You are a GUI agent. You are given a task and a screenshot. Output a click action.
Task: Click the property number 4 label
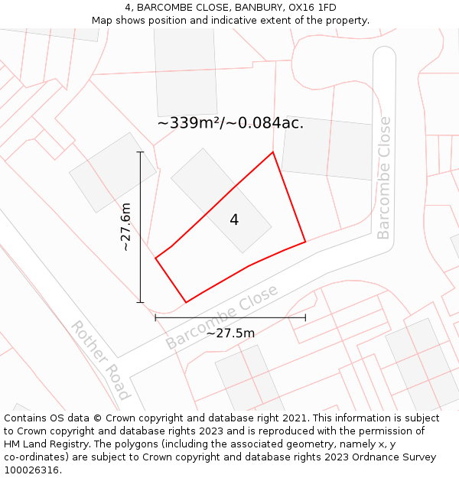(234, 220)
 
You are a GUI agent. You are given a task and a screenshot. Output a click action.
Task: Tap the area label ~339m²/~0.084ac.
(230, 123)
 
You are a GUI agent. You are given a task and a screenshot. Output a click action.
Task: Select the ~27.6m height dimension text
(125, 227)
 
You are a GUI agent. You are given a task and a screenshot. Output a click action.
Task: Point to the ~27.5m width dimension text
(230, 333)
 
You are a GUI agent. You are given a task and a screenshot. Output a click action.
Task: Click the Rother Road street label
(100, 359)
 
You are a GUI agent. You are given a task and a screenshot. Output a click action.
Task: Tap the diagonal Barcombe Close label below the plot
(222, 318)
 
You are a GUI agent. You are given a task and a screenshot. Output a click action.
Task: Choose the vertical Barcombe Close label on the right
(383, 177)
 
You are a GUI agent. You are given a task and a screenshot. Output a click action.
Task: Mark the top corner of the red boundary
(273, 152)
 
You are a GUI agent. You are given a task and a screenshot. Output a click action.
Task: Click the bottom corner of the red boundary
(186, 302)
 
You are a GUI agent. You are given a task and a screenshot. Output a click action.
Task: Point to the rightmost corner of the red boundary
(305, 242)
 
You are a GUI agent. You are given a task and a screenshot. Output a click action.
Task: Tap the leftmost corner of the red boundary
(156, 259)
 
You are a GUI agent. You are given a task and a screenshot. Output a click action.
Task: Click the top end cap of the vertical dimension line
(140, 152)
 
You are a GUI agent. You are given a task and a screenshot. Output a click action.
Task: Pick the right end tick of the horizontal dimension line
(305, 317)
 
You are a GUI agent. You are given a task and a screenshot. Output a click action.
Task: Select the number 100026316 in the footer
(31, 470)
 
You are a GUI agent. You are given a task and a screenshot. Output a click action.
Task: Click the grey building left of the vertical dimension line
(112, 172)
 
